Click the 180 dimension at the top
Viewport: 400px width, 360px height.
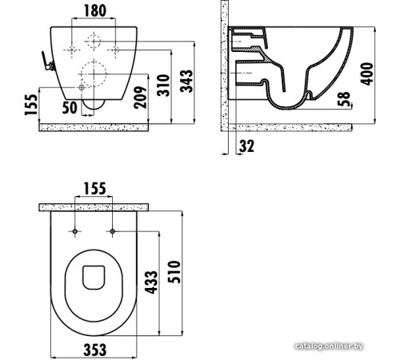(94, 10)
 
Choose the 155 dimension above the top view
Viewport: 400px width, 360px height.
(94, 188)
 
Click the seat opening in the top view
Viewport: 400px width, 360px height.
(95, 275)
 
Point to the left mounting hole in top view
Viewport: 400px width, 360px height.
(75, 231)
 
